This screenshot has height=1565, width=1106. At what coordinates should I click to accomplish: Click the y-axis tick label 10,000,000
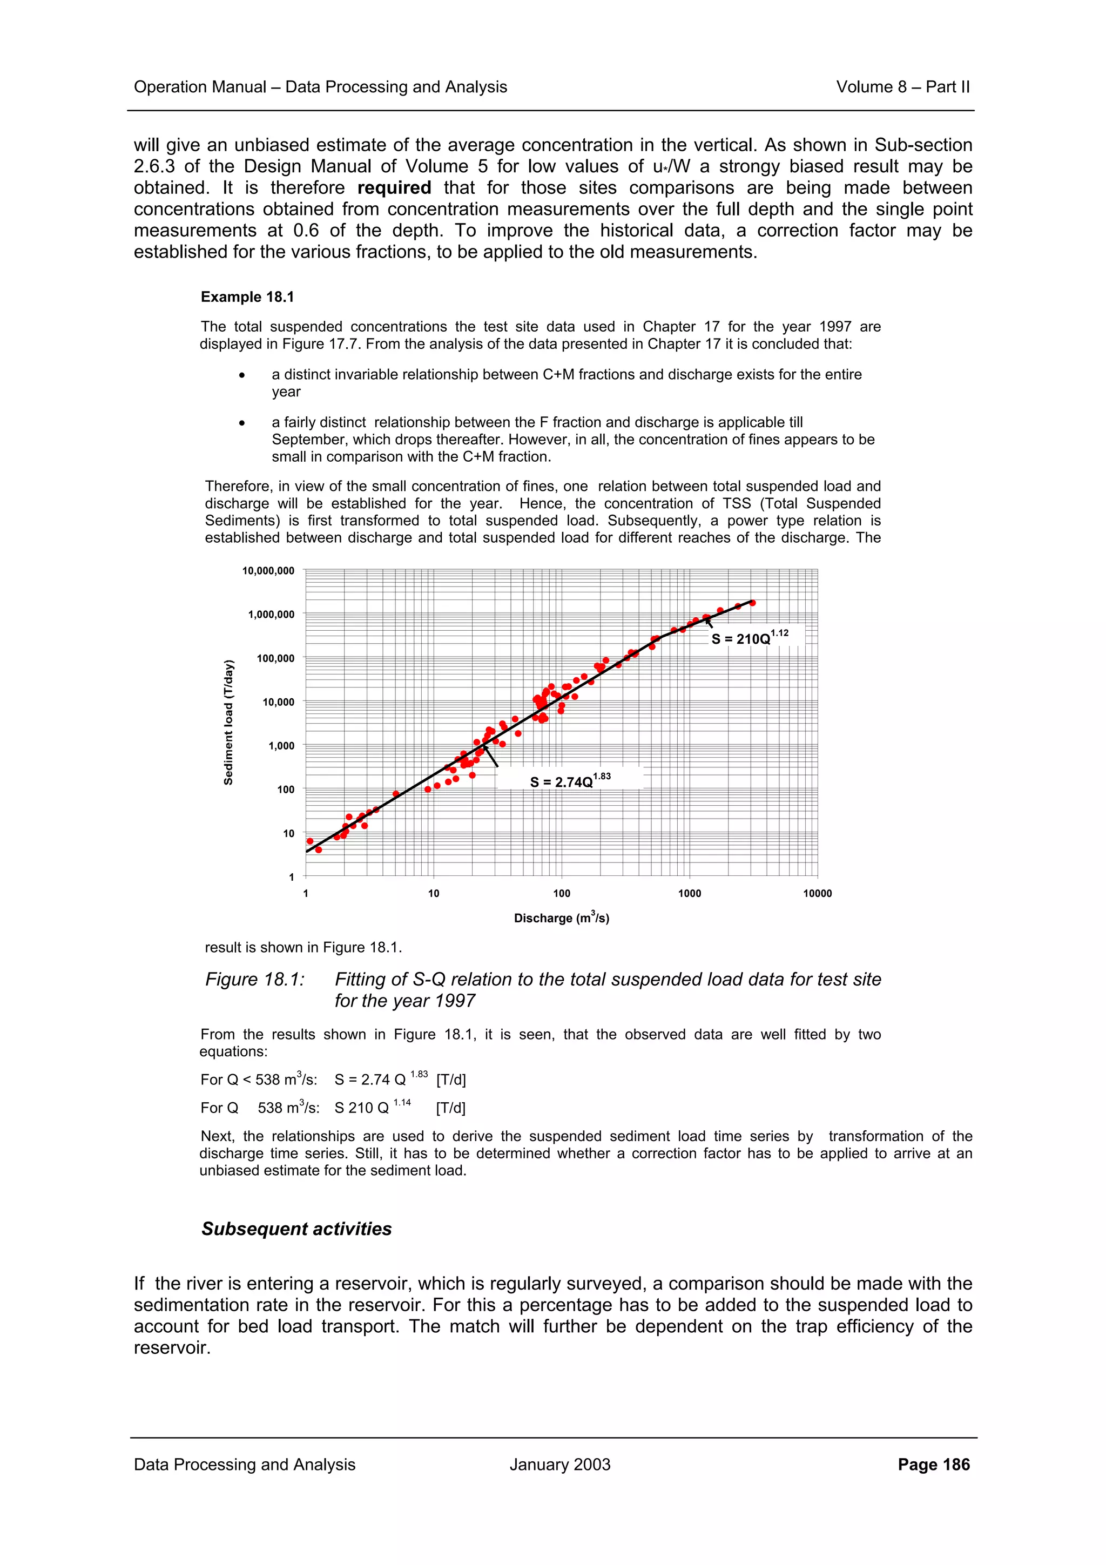[268, 570]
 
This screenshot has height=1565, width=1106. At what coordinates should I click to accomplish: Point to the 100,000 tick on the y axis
[275, 658]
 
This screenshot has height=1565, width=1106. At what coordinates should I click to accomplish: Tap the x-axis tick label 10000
[817, 894]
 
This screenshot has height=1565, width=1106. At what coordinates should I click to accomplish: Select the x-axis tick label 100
[562, 894]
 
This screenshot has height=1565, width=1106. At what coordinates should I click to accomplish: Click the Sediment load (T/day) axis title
[229, 723]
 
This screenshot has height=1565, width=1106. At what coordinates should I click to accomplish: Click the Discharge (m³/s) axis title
[562, 918]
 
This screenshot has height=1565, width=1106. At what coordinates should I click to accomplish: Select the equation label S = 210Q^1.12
[749, 637]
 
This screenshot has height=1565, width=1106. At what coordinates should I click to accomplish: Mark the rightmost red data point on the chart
[752, 603]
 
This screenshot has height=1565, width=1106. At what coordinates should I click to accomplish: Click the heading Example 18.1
[247, 297]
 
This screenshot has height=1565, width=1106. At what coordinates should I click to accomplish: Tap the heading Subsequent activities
[296, 1228]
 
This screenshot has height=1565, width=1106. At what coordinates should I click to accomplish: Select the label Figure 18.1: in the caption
[255, 980]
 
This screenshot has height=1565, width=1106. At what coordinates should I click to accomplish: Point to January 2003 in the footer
[559, 1464]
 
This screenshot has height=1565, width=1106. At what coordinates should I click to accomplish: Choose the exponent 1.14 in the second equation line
[402, 1102]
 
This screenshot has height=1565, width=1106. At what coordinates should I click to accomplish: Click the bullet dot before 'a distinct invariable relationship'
[242, 375]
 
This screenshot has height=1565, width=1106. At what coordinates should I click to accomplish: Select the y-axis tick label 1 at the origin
[291, 877]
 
